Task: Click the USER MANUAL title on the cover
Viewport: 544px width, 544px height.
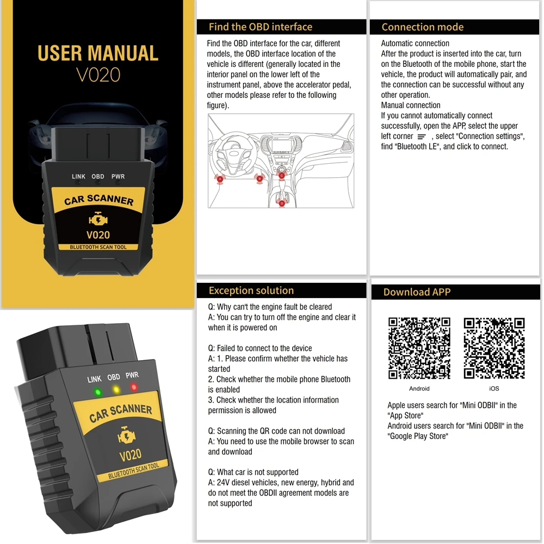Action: click(x=98, y=53)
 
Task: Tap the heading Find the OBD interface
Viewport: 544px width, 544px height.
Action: click(x=260, y=27)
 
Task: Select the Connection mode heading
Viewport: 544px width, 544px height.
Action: click(x=422, y=27)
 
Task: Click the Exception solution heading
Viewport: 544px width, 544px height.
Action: click(x=251, y=290)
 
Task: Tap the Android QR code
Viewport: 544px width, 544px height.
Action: click(x=419, y=348)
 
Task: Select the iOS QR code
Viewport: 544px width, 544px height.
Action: click(x=494, y=348)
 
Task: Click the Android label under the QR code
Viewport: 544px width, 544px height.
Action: click(x=419, y=388)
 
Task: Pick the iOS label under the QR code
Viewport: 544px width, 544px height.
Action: click(x=494, y=388)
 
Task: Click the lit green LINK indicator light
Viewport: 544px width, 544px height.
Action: click(x=97, y=392)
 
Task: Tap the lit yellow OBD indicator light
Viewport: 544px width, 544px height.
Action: click(x=115, y=390)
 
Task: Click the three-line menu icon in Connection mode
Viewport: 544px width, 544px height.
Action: click(x=422, y=137)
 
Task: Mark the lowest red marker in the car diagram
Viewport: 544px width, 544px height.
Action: click(x=281, y=203)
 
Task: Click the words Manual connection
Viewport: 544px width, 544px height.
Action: click(x=410, y=106)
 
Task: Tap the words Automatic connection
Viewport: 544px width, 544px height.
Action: click(x=415, y=44)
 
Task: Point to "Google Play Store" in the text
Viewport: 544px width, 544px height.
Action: click(x=417, y=436)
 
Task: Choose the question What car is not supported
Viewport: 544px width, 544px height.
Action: click(x=253, y=472)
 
